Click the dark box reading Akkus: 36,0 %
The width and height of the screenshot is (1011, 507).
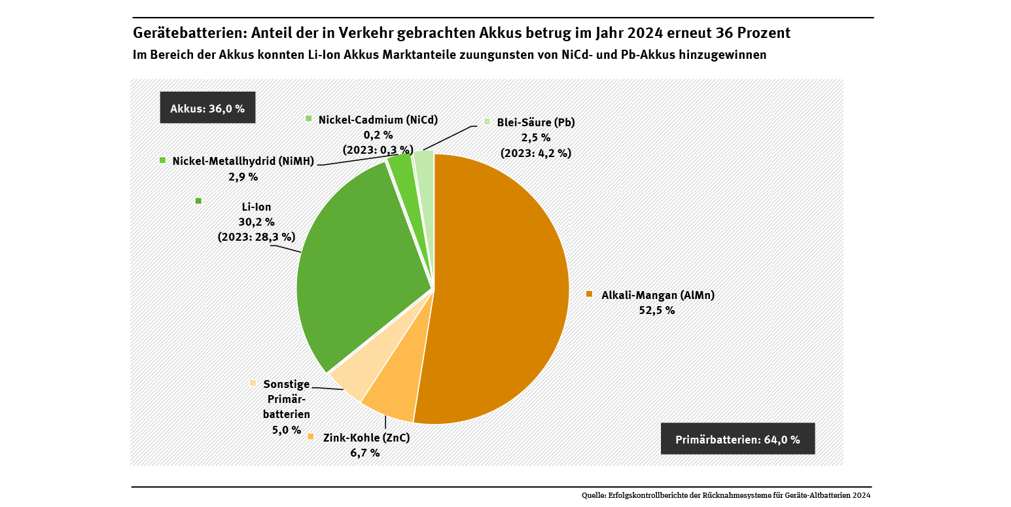click(x=207, y=109)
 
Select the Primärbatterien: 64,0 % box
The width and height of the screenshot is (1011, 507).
click(x=737, y=439)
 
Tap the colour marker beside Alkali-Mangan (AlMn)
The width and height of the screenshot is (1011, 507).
click(x=589, y=294)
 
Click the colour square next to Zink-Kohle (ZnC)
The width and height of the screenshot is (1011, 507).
click(x=311, y=437)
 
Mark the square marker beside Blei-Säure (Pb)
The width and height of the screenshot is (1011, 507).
click(x=487, y=122)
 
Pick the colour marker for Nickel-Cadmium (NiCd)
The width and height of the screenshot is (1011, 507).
click(x=309, y=118)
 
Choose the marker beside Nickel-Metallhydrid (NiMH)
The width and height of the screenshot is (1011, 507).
click(x=162, y=160)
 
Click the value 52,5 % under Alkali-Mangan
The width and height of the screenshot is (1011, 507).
click(x=656, y=311)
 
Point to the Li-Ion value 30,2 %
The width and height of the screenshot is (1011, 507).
click(x=257, y=222)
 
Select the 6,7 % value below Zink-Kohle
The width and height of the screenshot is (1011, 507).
click(x=365, y=453)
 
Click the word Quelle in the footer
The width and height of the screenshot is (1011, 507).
click(x=593, y=496)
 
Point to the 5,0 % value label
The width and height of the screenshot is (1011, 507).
click(x=287, y=430)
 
